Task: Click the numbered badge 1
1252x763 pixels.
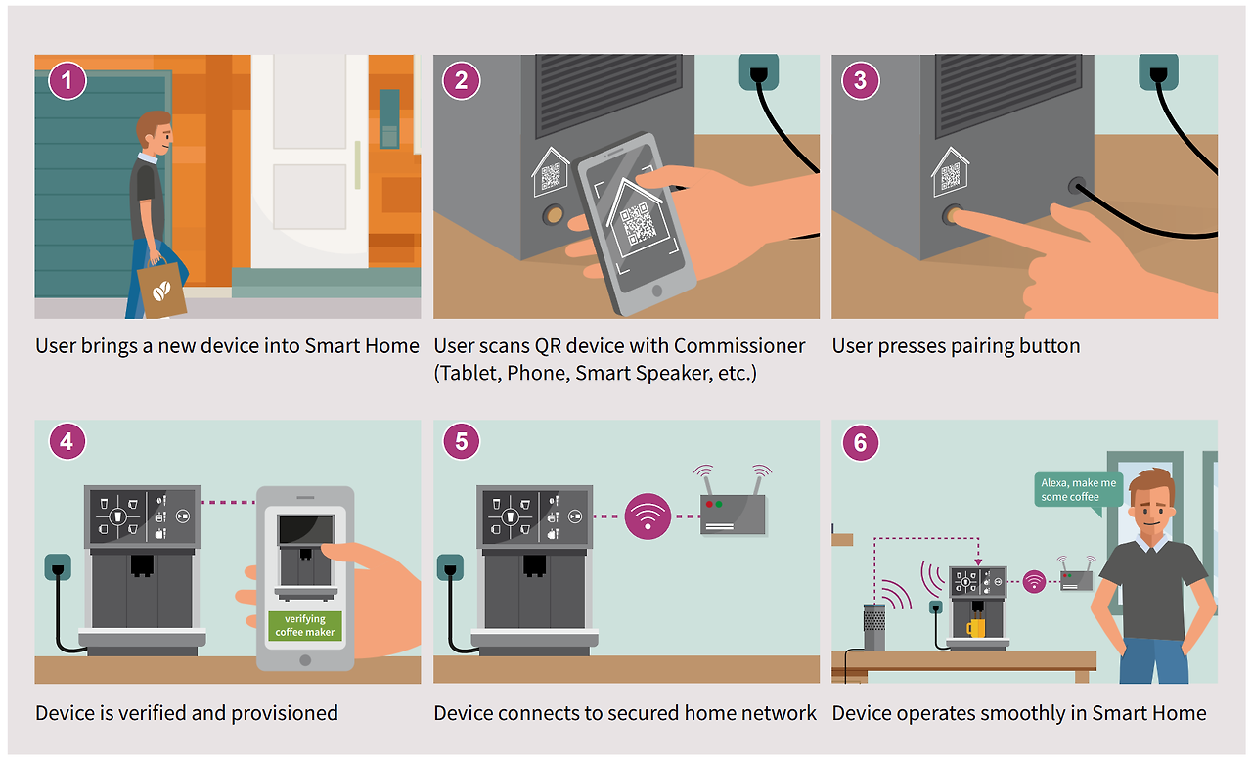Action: click(67, 80)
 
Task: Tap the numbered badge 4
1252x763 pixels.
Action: click(67, 441)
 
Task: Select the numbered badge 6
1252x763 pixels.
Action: click(860, 443)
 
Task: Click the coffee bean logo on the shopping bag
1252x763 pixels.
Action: click(161, 291)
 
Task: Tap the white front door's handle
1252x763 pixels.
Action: click(357, 165)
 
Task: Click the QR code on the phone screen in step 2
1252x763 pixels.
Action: click(638, 225)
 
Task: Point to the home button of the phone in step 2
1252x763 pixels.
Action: click(657, 291)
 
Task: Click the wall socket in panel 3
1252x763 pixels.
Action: click(1159, 71)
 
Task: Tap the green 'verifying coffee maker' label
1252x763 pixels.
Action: click(304, 625)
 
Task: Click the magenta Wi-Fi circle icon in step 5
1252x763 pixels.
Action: click(648, 516)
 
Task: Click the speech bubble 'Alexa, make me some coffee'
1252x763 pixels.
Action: click(1078, 491)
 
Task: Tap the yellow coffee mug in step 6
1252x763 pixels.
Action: click(976, 628)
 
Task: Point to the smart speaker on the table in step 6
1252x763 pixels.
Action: click(874, 627)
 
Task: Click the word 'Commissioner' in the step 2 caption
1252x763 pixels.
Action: click(738, 346)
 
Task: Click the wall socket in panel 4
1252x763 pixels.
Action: click(58, 567)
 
